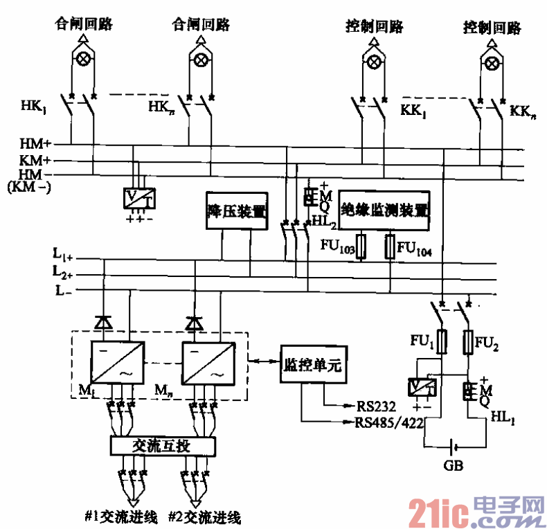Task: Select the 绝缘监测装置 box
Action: click(385, 210)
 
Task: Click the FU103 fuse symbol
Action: click(360, 246)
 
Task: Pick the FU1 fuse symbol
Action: click(442, 341)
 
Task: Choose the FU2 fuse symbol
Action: click(467, 341)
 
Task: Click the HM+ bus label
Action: click(35, 145)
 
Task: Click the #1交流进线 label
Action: click(122, 516)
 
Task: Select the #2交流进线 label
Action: click(206, 516)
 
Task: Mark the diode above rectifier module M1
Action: click(102, 322)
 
